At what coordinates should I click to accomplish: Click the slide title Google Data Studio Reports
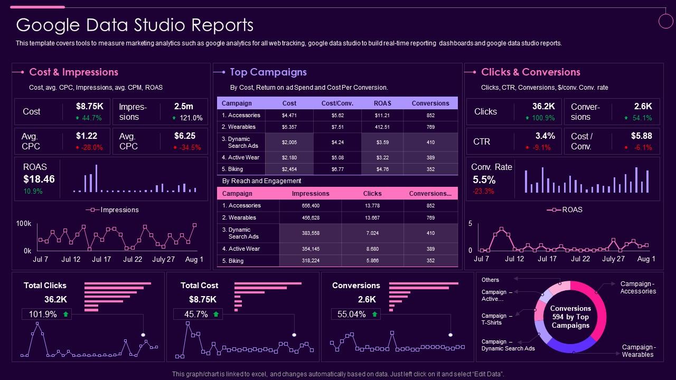135,25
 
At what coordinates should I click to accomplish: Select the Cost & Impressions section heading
73,72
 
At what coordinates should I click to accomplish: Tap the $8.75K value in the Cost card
93,106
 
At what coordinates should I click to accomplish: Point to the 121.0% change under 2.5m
191,118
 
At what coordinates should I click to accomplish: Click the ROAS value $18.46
39,179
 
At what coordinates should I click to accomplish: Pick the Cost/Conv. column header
337,103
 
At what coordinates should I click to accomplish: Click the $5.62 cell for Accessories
337,116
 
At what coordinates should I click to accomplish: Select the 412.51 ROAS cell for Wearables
382,127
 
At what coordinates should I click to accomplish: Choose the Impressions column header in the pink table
311,194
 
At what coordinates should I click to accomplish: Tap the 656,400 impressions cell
311,206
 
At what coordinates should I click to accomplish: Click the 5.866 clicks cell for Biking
372,261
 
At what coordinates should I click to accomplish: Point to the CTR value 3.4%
545,136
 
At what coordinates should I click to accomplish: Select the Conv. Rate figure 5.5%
484,180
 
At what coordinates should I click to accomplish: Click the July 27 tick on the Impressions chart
163,259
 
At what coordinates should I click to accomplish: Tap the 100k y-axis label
24,224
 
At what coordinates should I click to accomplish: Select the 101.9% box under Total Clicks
43,314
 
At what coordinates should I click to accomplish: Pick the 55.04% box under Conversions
351,314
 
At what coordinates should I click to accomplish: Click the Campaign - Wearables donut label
639,350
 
